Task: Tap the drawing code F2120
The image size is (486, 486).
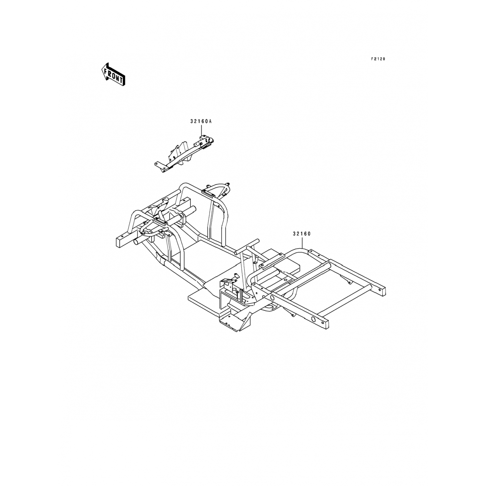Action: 378,59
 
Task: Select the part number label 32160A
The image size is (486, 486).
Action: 201,121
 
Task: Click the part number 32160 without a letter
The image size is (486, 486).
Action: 302,234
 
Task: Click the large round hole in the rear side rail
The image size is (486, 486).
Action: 314,319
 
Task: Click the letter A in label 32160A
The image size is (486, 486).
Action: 210,121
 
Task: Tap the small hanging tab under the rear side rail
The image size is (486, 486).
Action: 293,314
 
